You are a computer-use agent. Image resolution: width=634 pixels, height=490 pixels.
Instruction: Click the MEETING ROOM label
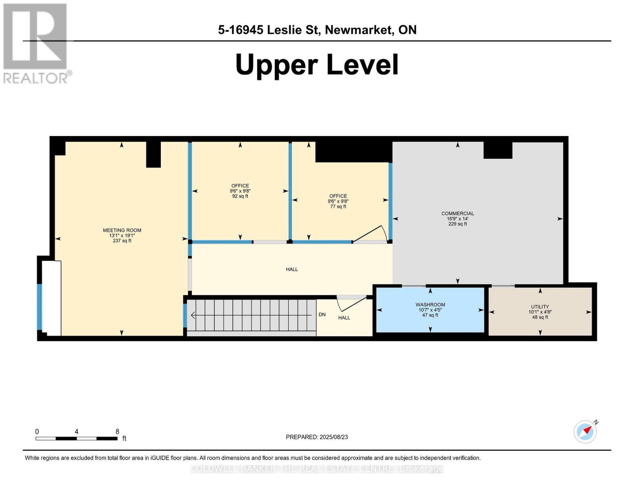122,230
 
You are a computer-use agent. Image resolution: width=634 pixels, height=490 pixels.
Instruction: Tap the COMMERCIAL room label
458,213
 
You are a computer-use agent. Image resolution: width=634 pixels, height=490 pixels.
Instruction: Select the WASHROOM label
430,304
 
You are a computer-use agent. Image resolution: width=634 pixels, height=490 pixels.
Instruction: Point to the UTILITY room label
540,306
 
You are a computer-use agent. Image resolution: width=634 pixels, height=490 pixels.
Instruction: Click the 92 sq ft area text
240,196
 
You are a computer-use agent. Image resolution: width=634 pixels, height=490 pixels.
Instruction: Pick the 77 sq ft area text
338,206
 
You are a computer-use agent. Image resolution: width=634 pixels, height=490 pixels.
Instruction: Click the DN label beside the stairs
322,314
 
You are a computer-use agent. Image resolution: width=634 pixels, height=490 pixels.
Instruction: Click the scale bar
76,438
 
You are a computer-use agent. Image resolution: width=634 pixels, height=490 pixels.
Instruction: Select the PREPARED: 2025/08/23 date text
317,437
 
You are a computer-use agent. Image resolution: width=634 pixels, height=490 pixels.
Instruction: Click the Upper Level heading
317,65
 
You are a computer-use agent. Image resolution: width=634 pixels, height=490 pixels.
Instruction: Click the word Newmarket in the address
358,30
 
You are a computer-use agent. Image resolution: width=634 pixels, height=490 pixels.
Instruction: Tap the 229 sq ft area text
458,224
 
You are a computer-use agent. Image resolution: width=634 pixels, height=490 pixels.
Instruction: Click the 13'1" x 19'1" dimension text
122,236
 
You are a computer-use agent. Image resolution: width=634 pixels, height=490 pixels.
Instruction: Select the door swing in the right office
371,234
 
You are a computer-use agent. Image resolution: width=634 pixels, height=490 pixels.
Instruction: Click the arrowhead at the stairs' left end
193,315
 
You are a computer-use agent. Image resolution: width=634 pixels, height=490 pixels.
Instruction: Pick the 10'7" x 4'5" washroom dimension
430,310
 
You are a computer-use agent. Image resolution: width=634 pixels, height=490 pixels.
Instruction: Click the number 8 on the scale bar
117,431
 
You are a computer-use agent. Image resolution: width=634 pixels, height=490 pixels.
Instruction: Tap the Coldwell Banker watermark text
317,469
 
